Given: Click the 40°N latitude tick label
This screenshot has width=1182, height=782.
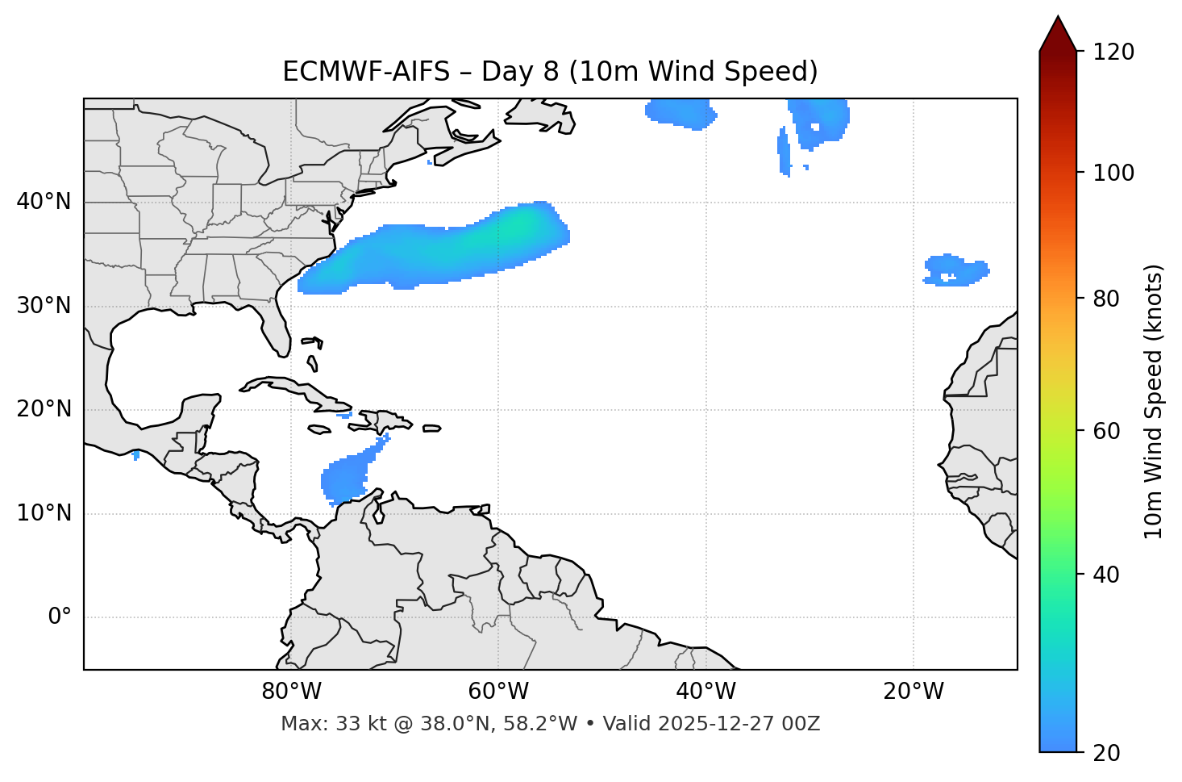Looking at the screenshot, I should click(44, 202).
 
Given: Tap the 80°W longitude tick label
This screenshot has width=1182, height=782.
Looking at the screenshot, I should click(291, 692).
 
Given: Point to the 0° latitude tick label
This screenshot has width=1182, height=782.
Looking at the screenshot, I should click(59, 617).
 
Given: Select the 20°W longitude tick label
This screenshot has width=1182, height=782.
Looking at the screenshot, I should click(914, 692).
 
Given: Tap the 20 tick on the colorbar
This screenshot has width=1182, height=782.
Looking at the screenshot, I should click(1108, 753).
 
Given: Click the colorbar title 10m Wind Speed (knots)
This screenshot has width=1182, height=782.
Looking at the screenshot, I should click(1154, 401).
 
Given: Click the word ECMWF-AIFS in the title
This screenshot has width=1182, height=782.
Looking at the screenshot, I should click(365, 72).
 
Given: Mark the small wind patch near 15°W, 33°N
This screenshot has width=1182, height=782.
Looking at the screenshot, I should click(955, 270).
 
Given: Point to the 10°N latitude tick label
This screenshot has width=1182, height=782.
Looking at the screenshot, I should click(44, 513).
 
